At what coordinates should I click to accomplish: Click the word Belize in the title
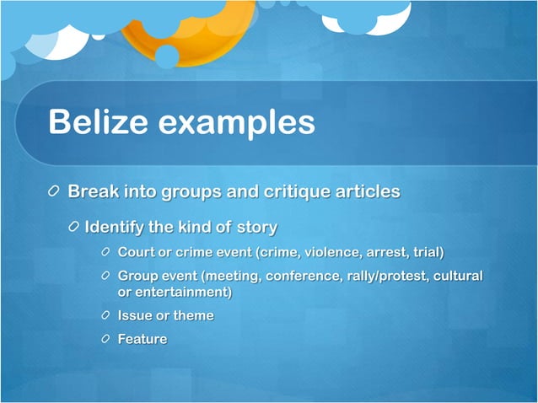pos(99,122)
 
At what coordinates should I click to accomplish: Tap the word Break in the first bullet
pos(93,191)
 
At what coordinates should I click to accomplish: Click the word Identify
pos(116,228)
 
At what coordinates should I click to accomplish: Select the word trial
pos(427,252)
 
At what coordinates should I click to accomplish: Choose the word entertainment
pos(181,292)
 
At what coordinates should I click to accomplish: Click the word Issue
pos(135,315)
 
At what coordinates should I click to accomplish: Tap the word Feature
pos(143,339)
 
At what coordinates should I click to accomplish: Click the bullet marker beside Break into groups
pos(55,192)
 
